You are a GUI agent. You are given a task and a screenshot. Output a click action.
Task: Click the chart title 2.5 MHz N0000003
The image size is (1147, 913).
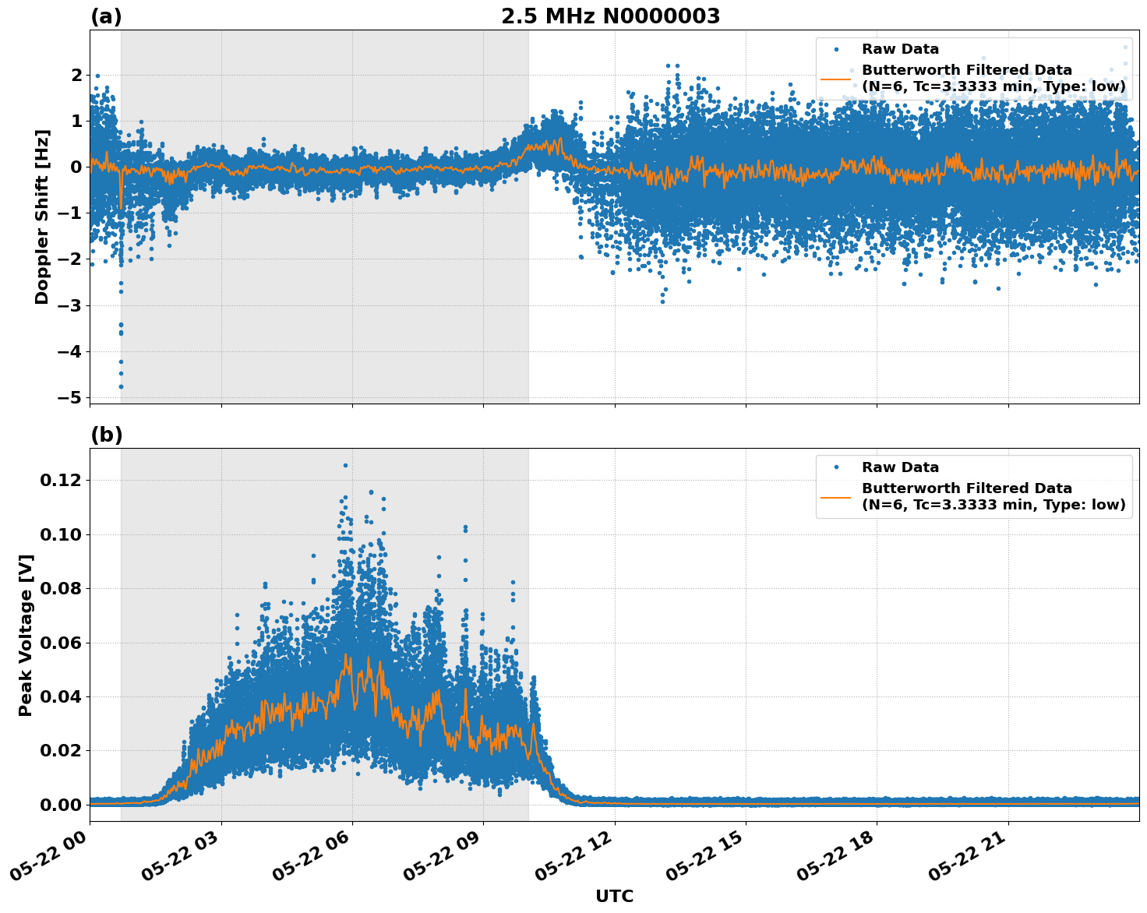point(610,16)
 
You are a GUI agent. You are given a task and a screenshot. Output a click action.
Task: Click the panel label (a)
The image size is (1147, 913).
point(106,16)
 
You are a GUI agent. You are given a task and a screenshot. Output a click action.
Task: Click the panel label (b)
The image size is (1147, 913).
point(106,435)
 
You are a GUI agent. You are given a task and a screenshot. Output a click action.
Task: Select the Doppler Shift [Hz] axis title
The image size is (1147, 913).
point(42,217)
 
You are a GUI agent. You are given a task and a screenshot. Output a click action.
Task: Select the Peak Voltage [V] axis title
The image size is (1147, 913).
point(26,635)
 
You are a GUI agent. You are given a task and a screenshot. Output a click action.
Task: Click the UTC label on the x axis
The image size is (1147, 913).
point(614,896)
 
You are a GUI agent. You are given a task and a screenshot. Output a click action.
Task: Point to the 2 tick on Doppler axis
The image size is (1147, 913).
point(76,75)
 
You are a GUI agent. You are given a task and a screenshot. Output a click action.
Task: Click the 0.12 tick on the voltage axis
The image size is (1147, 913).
point(60,480)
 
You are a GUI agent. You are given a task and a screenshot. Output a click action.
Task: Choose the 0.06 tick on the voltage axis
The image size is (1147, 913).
point(60,643)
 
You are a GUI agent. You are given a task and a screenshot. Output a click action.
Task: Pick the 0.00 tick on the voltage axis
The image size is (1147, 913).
point(60,805)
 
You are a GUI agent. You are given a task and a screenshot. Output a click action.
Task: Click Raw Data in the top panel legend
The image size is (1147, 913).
point(900,49)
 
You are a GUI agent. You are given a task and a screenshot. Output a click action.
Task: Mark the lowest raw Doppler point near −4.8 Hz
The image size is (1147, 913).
point(121,386)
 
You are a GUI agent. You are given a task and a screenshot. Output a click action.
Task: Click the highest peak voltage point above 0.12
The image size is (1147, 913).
point(345,465)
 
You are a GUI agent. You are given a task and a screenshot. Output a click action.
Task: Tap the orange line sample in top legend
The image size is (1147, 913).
point(835,78)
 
